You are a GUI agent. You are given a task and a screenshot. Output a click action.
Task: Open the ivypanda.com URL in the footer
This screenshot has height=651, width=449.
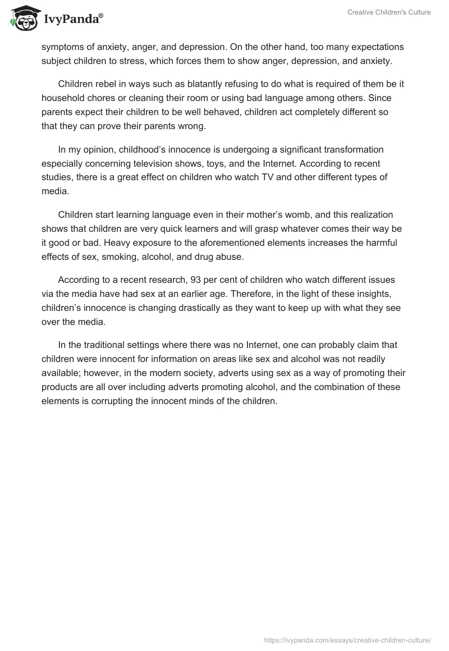[347, 640]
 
